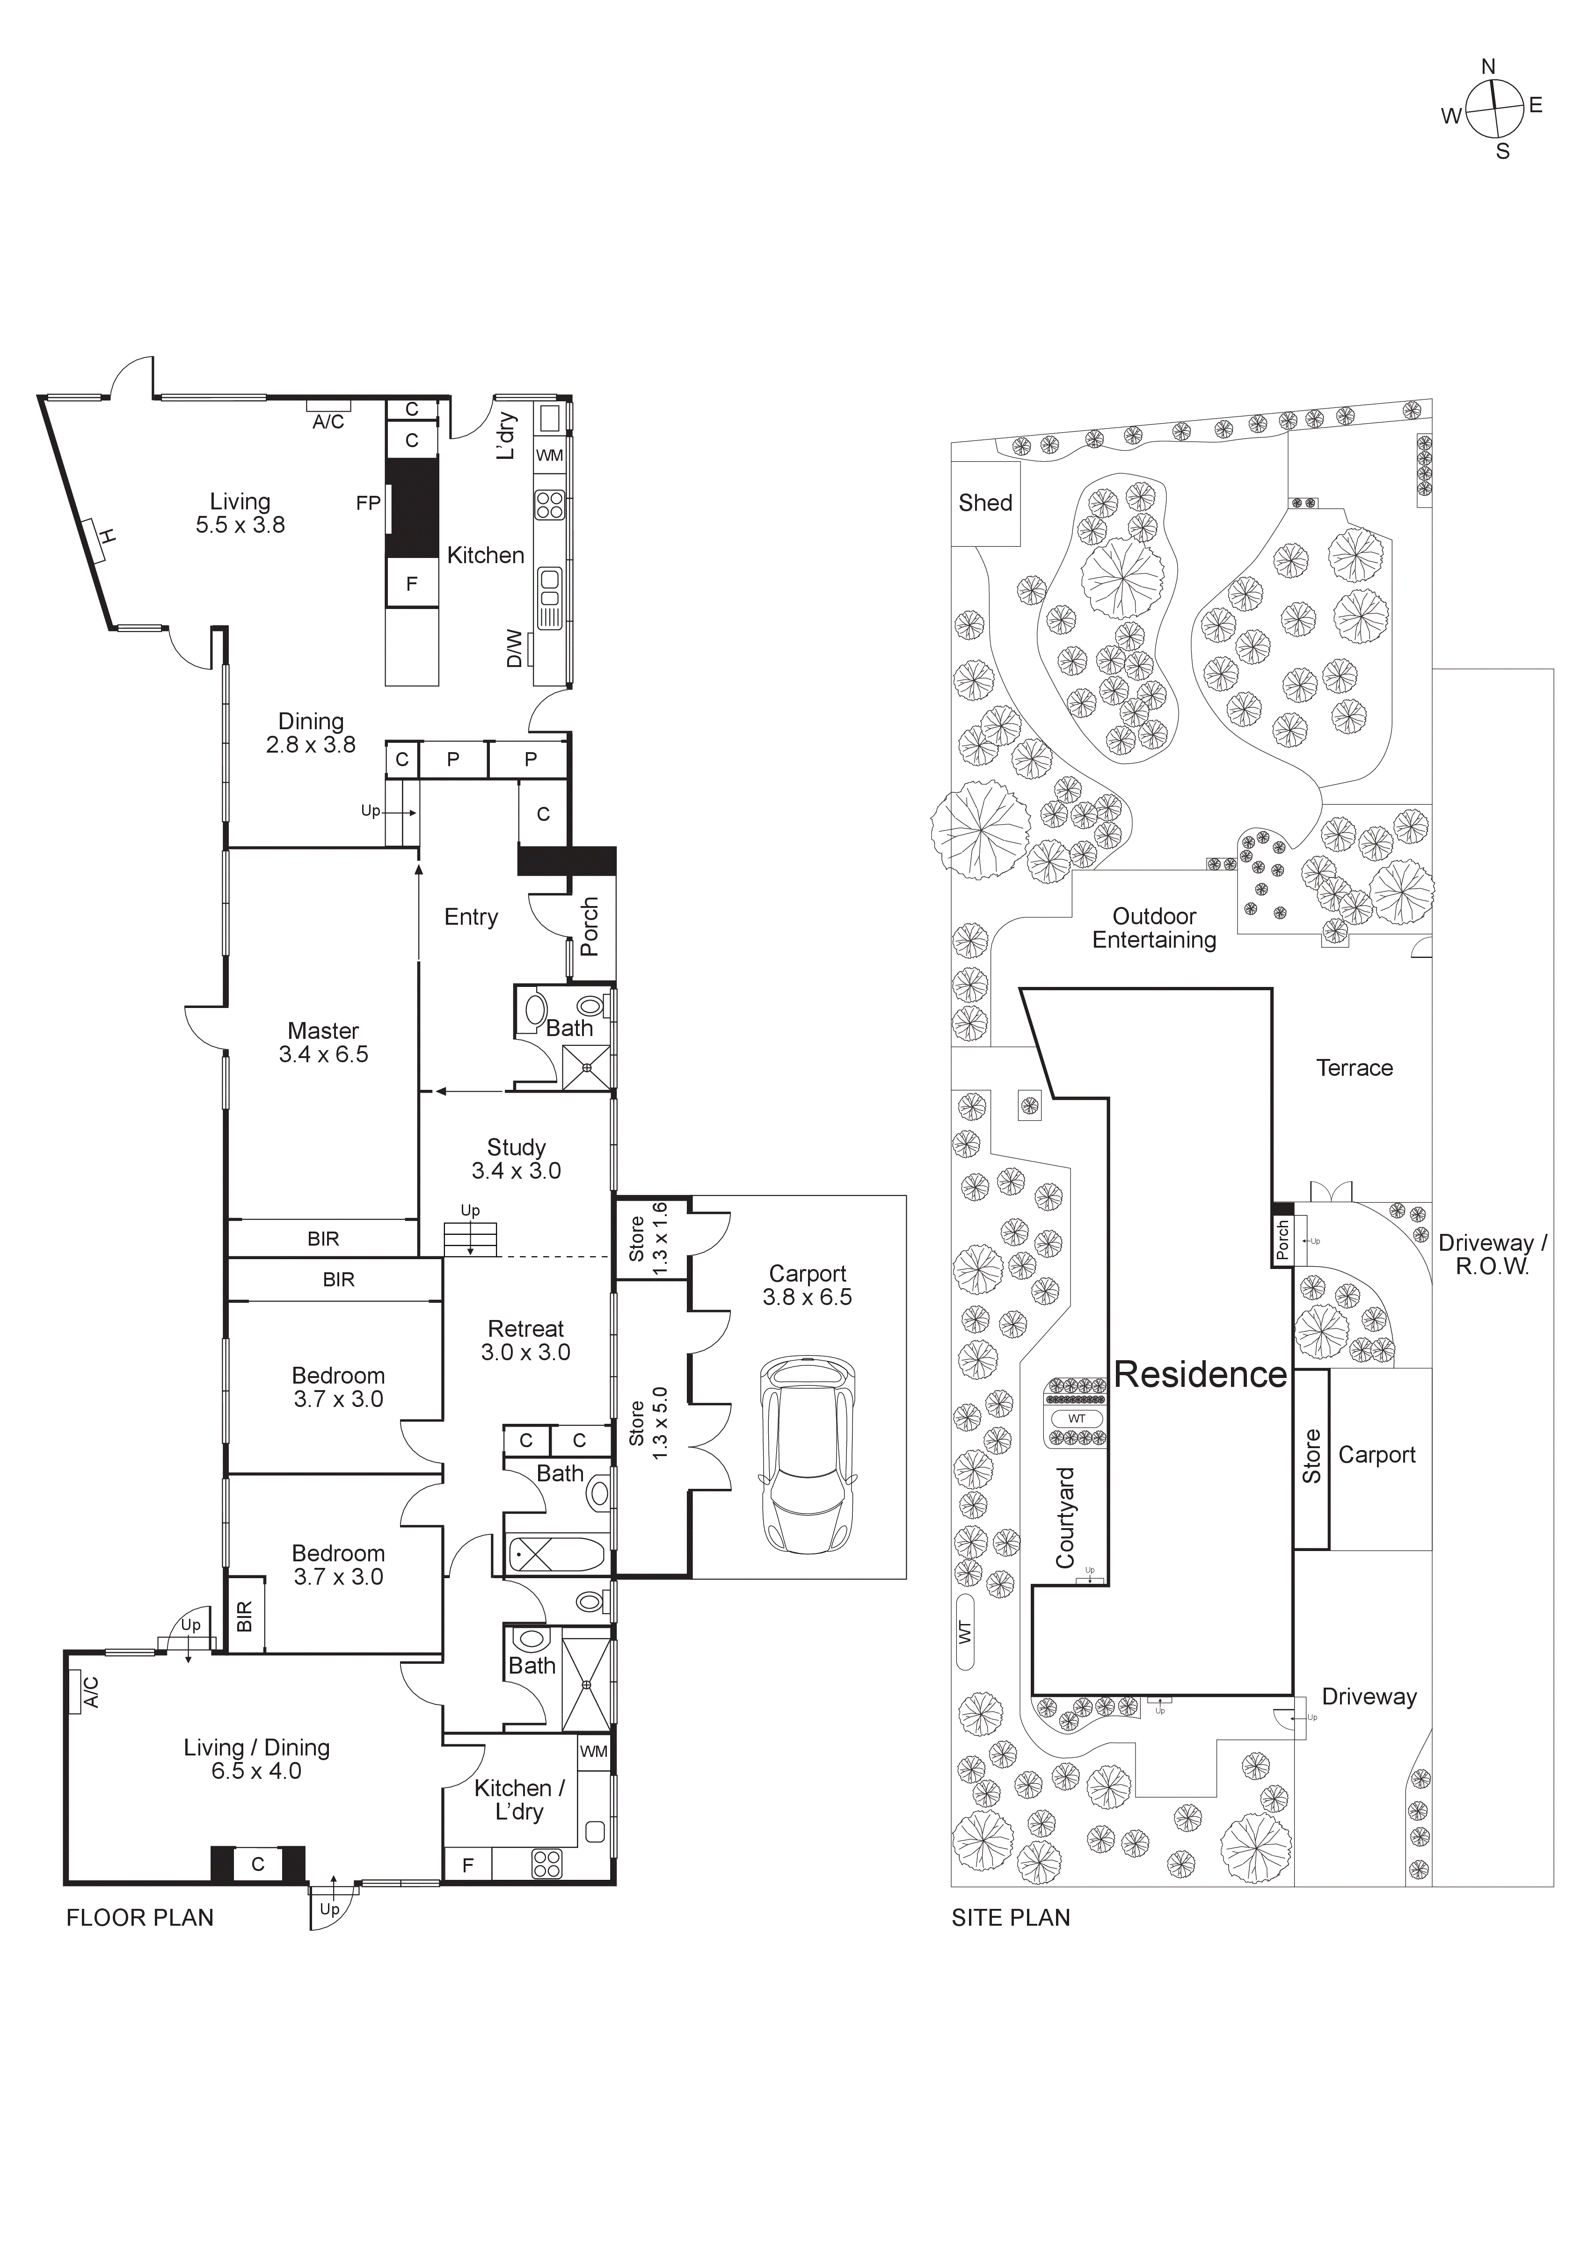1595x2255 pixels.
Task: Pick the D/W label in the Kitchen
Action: (514, 648)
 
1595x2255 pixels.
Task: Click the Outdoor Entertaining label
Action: (1154, 928)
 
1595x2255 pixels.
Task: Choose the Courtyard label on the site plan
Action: (1064, 1517)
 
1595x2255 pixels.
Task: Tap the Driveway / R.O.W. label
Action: (1492, 1254)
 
